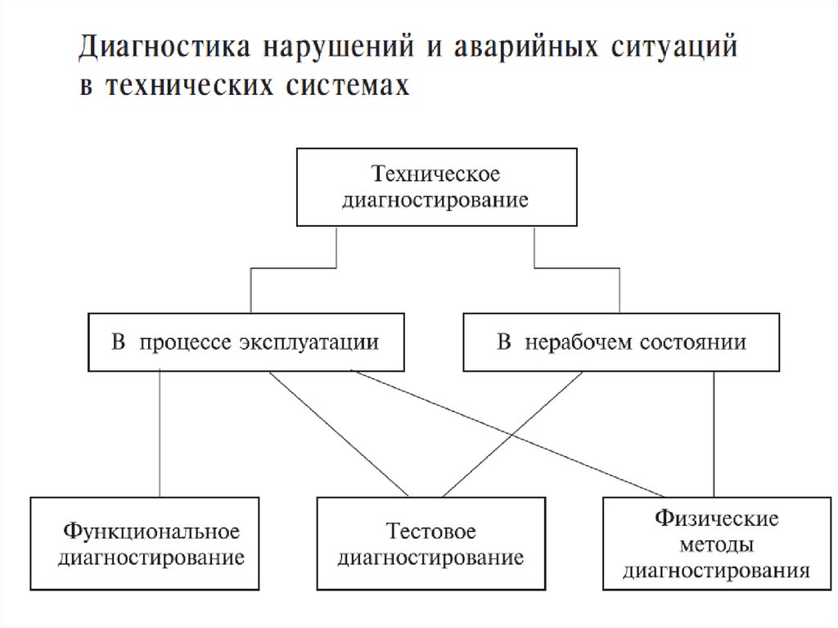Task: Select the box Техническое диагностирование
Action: (436, 187)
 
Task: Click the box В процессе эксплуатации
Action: (246, 341)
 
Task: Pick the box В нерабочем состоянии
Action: (621, 341)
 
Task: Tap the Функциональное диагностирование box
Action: (146, 544)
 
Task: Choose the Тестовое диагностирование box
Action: (430, 544)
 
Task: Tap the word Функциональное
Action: (152, 531)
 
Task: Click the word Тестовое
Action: (431, 531)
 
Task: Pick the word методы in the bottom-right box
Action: (716, 544)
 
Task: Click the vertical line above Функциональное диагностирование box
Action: (160, 434)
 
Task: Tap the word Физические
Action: (716, 518)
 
